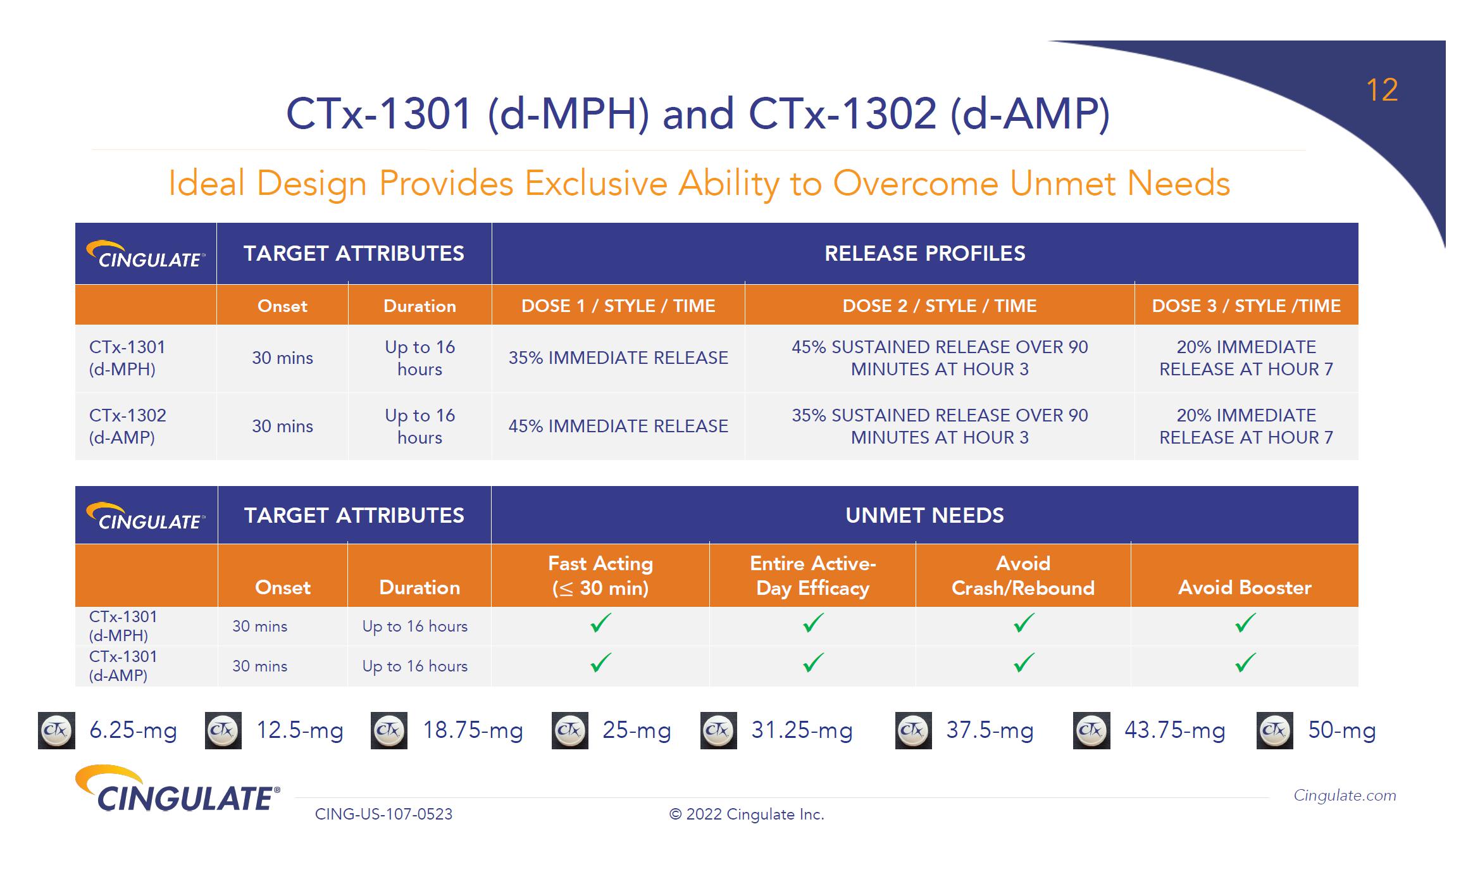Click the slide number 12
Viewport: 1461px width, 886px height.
[1382, 90]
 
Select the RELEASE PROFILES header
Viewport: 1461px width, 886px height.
[924, 253]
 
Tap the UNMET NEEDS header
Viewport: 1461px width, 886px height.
[924, 515]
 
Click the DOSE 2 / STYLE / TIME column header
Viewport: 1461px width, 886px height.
[940, 306]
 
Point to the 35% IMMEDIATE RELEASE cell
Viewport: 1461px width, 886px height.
[618, 358]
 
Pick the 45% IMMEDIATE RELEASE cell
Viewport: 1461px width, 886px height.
[618, 426]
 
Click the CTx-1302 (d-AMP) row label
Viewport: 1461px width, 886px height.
[127, 426]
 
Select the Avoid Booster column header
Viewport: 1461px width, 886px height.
[1245, 587]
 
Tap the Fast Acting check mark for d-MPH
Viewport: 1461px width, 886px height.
[600, 623]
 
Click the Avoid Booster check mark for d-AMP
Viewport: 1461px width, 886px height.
[1245, 663]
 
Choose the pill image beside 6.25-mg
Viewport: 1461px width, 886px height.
[57, 730]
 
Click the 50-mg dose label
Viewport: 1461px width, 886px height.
[1342, 730]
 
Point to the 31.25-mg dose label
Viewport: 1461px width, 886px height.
[802, 730]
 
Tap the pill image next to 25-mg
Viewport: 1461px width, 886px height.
[570, 730]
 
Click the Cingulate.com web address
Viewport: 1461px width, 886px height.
[1345, 796]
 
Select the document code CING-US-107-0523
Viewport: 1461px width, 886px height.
[383, 814]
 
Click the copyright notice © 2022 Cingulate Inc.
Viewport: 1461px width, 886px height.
[747, 814]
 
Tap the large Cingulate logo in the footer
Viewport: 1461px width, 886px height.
[177, 789]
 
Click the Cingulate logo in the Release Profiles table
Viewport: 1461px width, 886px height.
[146, 254]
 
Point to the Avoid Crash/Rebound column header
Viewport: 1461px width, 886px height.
[1023, 575]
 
